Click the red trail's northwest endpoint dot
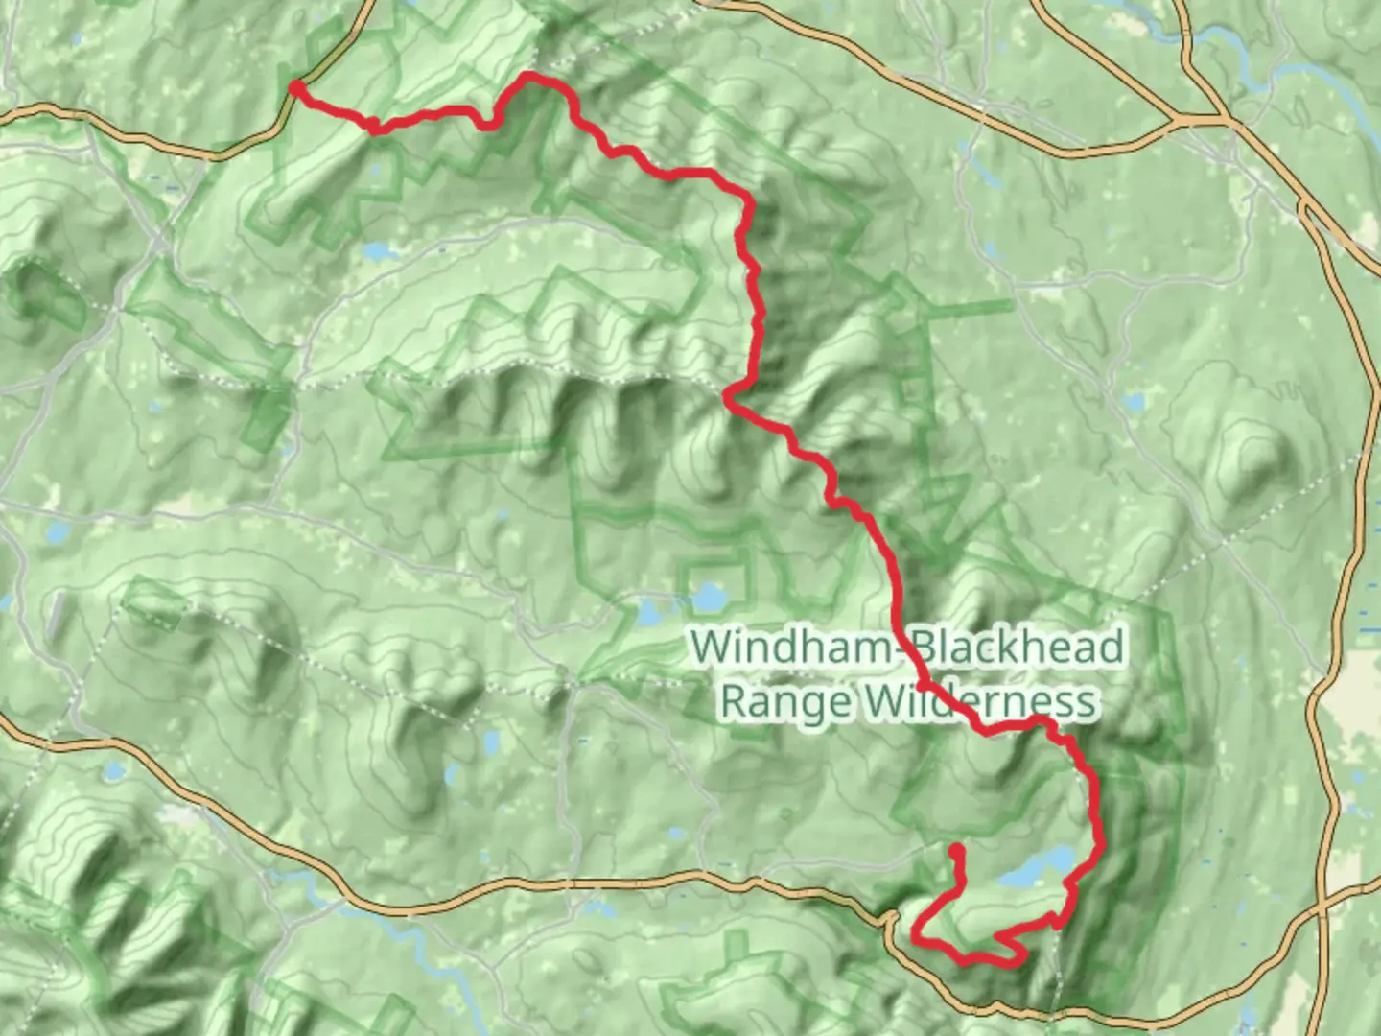point(297,88)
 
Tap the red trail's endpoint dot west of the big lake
point(956,850)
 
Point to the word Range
point(784,700)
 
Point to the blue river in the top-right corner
point(1237,48)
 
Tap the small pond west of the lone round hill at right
point(1133,401)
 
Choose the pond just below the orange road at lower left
point(113,770)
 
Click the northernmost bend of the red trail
point(529,75)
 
